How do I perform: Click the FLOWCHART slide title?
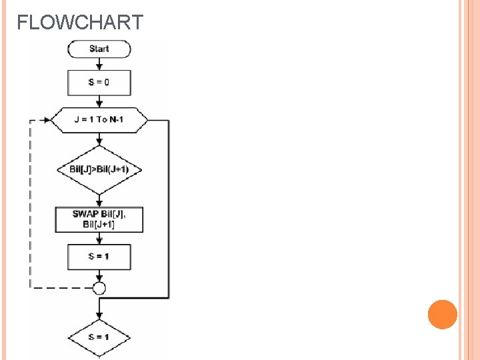[80, 23]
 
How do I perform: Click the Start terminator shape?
[99, 49]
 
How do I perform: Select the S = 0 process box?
[99, 83]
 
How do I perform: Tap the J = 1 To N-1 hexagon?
[99, 120]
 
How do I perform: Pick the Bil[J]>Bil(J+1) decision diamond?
[99, 169]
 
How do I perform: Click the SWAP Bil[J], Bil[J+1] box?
[99, 219]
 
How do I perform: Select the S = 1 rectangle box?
[99, 257]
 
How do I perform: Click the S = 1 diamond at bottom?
[99, 337]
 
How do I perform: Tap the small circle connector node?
[99, 288]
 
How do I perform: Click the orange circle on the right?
[443, 315]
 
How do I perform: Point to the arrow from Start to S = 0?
[99, 63]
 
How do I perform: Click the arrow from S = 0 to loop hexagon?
[99, 101]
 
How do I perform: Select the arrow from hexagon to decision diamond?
[99, 139]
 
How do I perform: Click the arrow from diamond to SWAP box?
[99, 200]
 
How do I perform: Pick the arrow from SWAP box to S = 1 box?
[99, 238]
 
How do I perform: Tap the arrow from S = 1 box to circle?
[99, 275]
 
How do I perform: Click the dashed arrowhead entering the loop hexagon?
[45, 120]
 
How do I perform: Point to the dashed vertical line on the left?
[30, 207]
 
